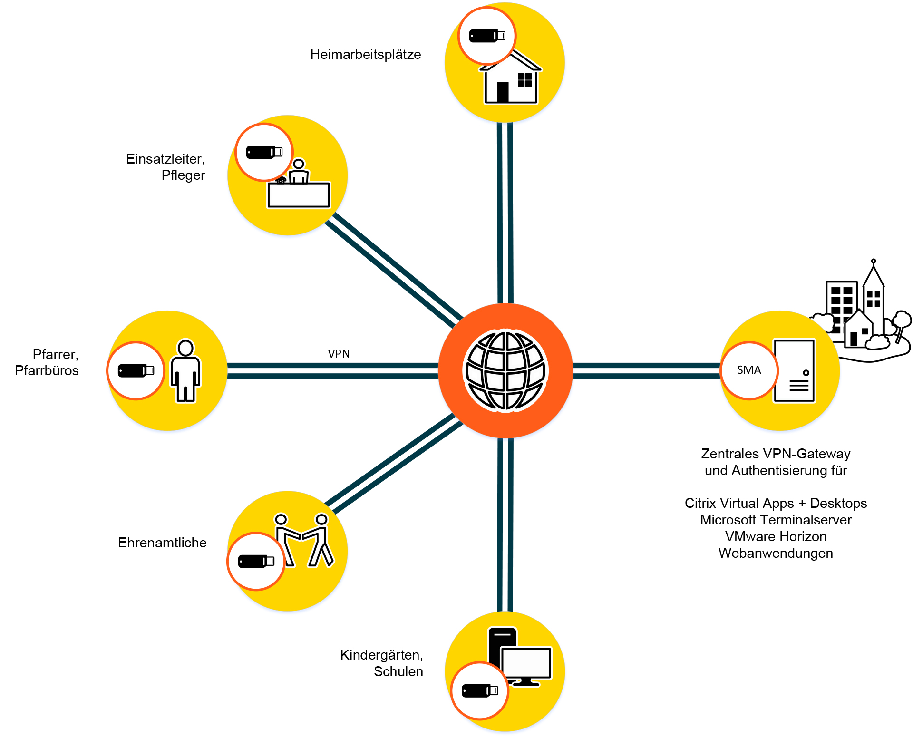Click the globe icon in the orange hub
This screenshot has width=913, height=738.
click(505, 370)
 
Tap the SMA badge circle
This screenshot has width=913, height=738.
click(749, 370)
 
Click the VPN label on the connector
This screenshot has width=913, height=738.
click(339, 354)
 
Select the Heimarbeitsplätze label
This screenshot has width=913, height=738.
click(365, 55)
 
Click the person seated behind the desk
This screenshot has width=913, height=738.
click(299, 172)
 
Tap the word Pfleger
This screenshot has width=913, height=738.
click(183, 175)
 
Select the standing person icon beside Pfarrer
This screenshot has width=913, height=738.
click(185, 371)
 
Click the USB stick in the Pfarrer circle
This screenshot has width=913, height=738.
click(136, 370)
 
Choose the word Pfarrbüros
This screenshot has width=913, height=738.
click(47, 371)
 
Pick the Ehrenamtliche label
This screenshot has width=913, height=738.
click(162, 543)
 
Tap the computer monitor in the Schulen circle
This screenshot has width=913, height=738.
click(526, 664)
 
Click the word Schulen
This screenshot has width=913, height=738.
click(398, 672)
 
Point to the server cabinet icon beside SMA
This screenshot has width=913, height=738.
click(794, 371)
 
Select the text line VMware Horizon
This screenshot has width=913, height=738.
click(776, 537)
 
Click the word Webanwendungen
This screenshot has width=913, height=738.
click(776, 553)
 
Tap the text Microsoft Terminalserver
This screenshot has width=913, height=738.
click(776, 520)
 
